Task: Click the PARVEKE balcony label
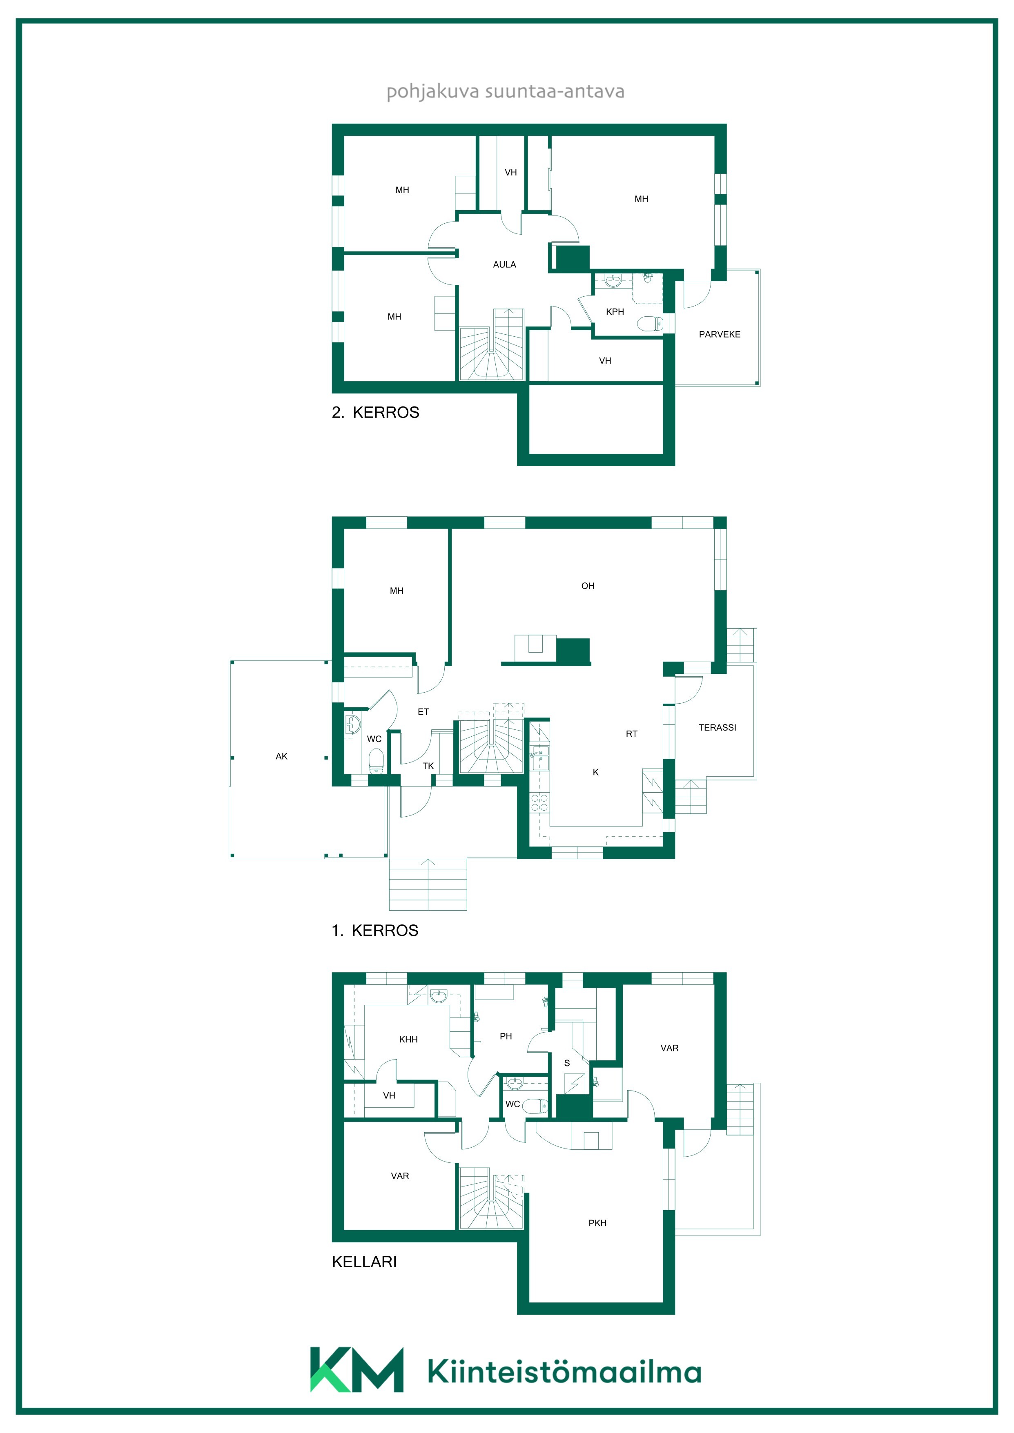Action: click(x=719, y=335)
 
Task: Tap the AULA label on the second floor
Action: click(x=504, y=264)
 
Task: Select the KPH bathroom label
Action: click(x=615, y=311)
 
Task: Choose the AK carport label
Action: click(x=282, y=756)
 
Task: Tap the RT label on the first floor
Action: click(x=632, y=734)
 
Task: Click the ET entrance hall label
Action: click(x=423, y=711)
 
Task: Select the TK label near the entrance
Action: click(x=428, y=766)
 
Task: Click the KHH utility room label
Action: click(x=408, y=1039)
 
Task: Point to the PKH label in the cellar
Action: click(x=597, y=1223)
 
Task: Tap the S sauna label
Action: click(x=567, y=1063)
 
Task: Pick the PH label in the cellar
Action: click(x=506, y=1036)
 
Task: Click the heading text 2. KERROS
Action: click(x=375, y=413)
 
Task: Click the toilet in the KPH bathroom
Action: click(x=651, y=323)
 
